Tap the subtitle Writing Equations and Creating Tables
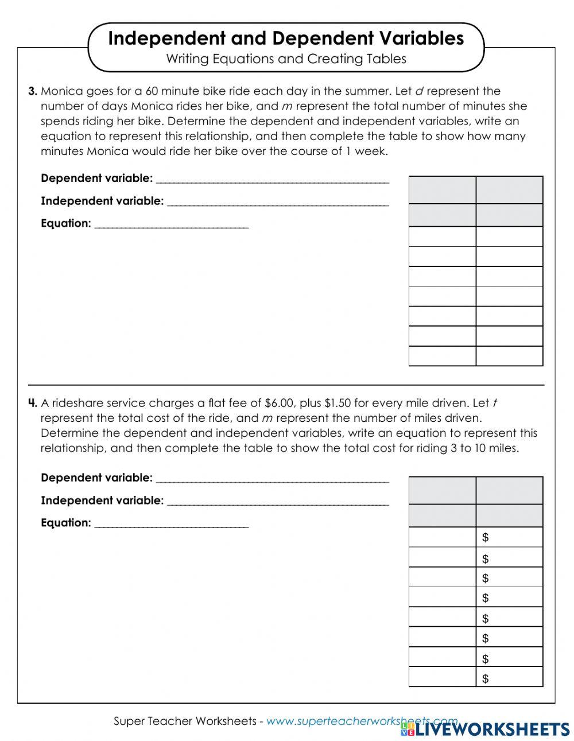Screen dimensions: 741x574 (x=286, y=59)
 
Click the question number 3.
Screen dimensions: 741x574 (x=33, y=91)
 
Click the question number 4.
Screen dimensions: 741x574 (x=33, y=404)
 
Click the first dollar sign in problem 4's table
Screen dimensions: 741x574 (x=486, y=538)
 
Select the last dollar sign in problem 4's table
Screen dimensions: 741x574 (x=486, y=679)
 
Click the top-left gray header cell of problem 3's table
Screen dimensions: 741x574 (x=442, y=190)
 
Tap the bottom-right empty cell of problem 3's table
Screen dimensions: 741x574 (x=509, y=356)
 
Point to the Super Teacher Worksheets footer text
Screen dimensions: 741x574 (x=184, y=721)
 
